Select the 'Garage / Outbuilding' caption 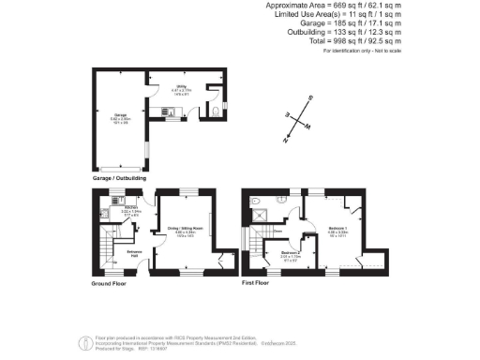[x=120, y=177]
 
